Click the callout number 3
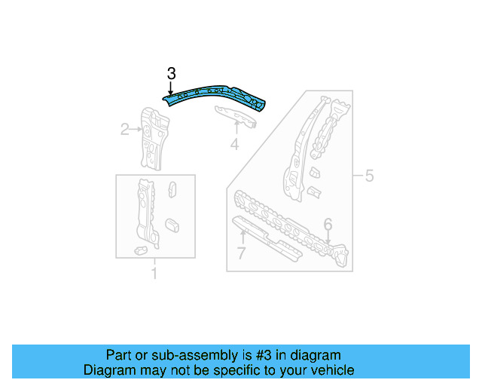click(171, 73)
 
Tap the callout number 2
click(125, 130)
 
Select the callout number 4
click(235, 143)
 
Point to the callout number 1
click(154, 273)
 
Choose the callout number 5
click(369, 176)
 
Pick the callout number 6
click(328, 224)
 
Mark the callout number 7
click(241, 253)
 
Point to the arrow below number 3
click(171, 88)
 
